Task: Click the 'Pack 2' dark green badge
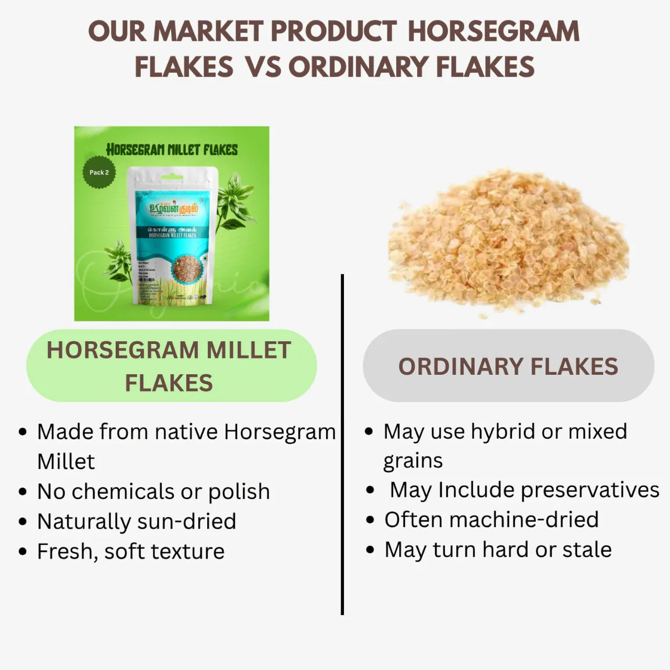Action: coord(99,172)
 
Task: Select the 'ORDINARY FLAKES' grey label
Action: coord(508,366)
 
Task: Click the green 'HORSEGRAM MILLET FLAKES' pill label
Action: coord(171,366)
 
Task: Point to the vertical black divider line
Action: coord(342,445)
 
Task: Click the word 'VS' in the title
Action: coord(263,67)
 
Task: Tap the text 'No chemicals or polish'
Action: coord(153,491)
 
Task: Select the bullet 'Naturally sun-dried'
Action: coord(137,521)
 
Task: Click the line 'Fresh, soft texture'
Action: coord(131,551)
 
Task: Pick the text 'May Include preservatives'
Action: coord(524,490)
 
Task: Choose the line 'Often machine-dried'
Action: coord(492,520)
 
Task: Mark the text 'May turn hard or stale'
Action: coord(498,550)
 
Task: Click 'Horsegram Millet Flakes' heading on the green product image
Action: coord(172,150)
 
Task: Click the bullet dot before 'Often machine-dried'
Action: coord(371,520)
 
